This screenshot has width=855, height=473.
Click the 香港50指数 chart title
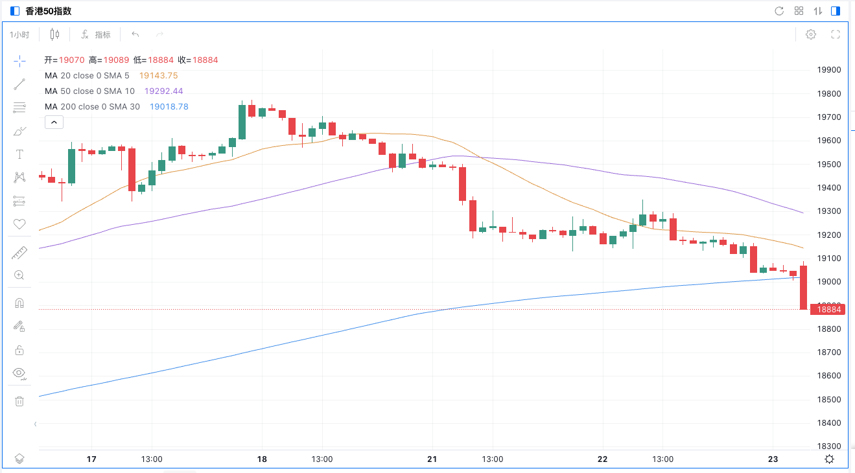coord(48,11)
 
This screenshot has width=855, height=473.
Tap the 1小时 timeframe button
coord(19,34)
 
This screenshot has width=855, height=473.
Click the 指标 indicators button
coord(96,34)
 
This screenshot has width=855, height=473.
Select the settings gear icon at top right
coord(810,34)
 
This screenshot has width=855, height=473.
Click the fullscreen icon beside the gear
coord(836,34)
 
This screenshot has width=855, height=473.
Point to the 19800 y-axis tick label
coord(828,94)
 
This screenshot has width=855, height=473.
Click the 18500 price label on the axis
coord(828,399)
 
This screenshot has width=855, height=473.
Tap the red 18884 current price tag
coord(828,310)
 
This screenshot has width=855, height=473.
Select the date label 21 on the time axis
coord(432,459)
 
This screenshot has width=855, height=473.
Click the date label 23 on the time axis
coord(773,459)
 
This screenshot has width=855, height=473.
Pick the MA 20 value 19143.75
coord(158,76)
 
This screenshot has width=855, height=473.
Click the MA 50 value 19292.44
coord(163,91)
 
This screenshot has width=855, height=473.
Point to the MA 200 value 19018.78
coord(169,107)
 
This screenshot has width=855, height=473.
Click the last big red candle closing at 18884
coord(803,287)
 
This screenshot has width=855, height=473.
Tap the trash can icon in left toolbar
coord(19,401)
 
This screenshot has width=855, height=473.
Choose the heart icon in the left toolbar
coord(19,224)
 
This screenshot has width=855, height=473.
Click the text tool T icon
coord(19,154)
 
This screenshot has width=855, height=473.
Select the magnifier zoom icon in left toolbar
coord(19,275)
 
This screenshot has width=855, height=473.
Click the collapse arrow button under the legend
coord(54,122)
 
